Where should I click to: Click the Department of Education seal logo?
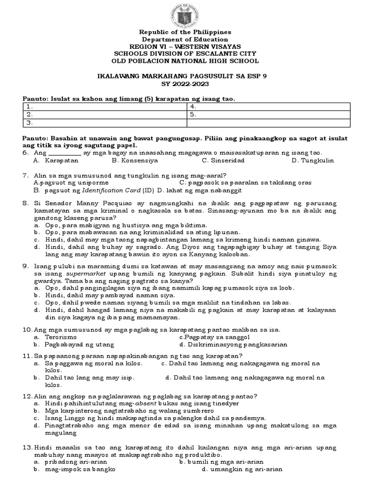(x=185, y=15)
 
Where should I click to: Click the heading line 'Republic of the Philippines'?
(x=185, y=32)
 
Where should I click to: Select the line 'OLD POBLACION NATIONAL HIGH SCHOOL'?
(x=185, y=61)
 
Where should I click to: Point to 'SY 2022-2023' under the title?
(x=185, y=84)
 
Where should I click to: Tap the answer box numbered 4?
(x=267, y=106)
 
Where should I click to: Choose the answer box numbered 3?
(x=104, y=123)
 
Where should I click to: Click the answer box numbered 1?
(x=104, y=106)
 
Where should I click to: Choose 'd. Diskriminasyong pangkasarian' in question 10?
(x=233, y=345)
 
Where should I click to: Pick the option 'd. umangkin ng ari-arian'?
(x=242, y=469)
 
